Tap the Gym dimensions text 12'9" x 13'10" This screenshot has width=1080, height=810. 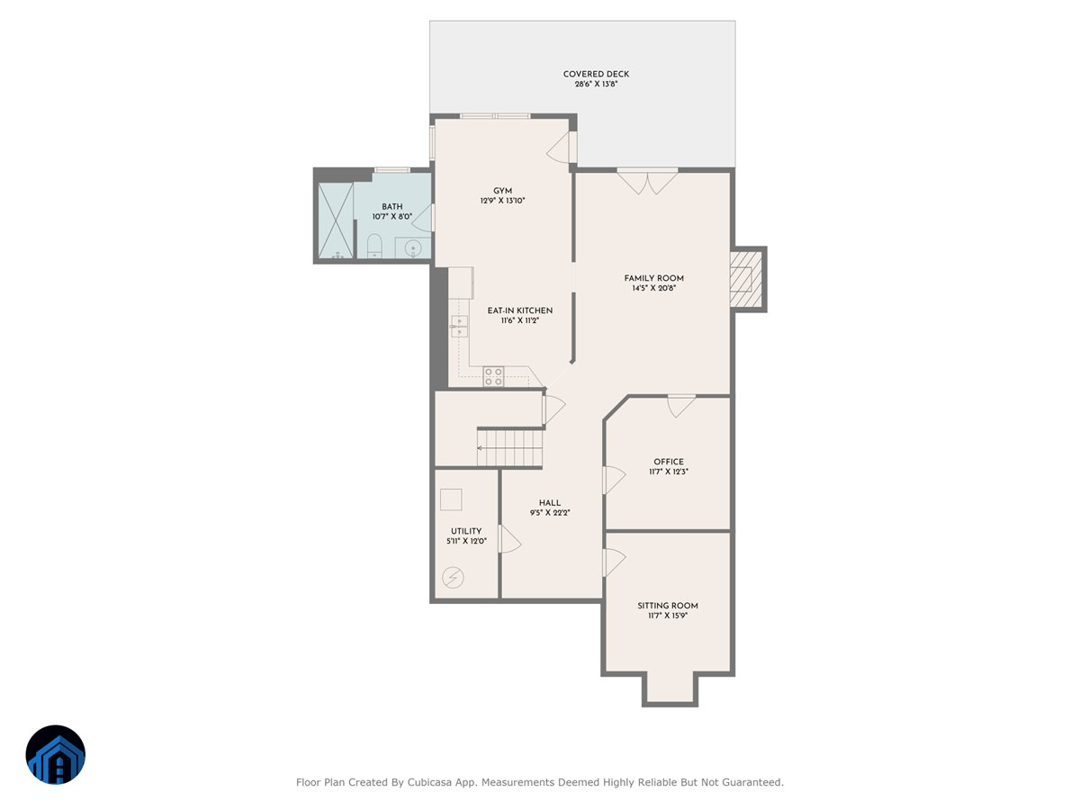[x=502, y=201]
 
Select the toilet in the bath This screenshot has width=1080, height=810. [x=374, y=246]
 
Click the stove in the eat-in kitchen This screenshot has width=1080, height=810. [x=493, y=376]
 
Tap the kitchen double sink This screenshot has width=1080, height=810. [x=460, y=326]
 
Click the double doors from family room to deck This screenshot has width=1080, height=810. [x=647, y=181]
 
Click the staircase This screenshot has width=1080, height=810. [x=510, y=446]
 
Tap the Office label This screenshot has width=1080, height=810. [x=669, y=462]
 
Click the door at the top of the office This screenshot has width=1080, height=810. [x=680, y=405]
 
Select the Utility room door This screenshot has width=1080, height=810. [x=509, y=540]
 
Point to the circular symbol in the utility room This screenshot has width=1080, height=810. [x=454, y=576]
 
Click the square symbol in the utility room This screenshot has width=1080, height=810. [x=451, y=499]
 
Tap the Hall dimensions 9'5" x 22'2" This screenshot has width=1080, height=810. [x=549, y=513]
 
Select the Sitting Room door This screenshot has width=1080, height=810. [x=614, y=563]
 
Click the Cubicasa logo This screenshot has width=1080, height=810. [x=55, y=754]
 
